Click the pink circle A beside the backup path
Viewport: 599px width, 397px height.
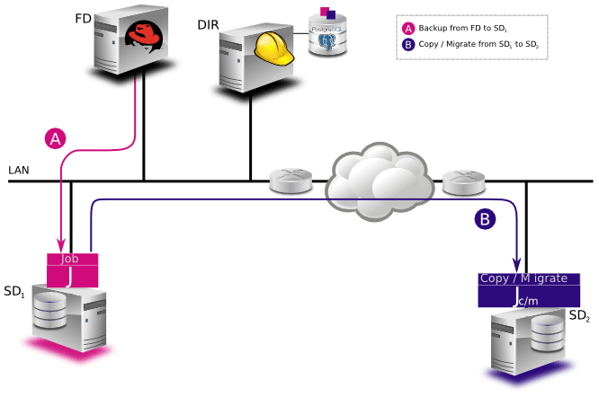pos(55,138)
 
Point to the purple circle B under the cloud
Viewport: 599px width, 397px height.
pos(485,218)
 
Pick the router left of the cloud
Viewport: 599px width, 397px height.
pos(291,180)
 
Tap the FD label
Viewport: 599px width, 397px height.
pos(83,18)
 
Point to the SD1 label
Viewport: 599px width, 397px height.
pos(14,291)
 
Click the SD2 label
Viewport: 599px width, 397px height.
pos(579,315)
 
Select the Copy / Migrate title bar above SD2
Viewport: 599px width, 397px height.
pos(529,278)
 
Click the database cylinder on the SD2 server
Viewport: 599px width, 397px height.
pos(547,334)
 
